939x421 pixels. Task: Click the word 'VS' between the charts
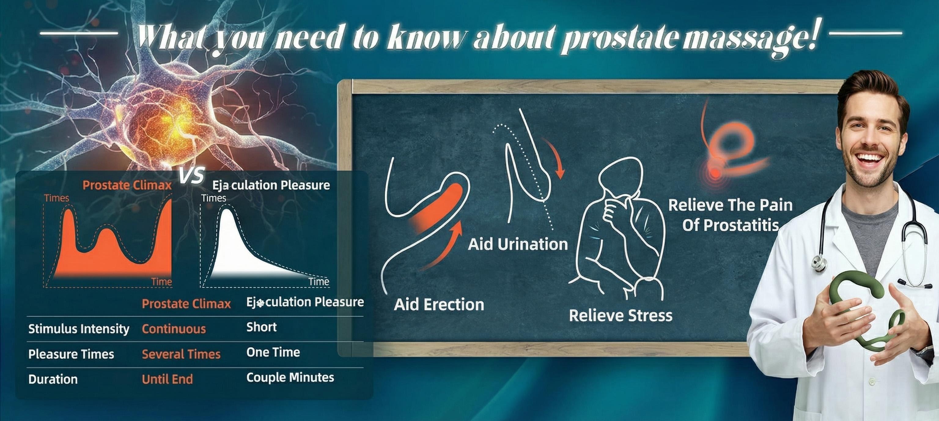[192, 176]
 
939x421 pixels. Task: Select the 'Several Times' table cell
[181, 354]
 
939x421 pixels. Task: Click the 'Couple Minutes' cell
[290, 377]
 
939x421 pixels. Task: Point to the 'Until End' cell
[167, 379]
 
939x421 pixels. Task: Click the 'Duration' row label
[53, 379]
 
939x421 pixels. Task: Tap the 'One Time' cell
[273, 352]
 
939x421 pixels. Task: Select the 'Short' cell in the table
[261, 327]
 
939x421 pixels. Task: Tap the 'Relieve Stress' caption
[621, 315]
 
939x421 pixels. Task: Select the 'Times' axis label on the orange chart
[57, 198]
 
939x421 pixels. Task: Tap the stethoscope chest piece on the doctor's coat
[819, 263]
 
